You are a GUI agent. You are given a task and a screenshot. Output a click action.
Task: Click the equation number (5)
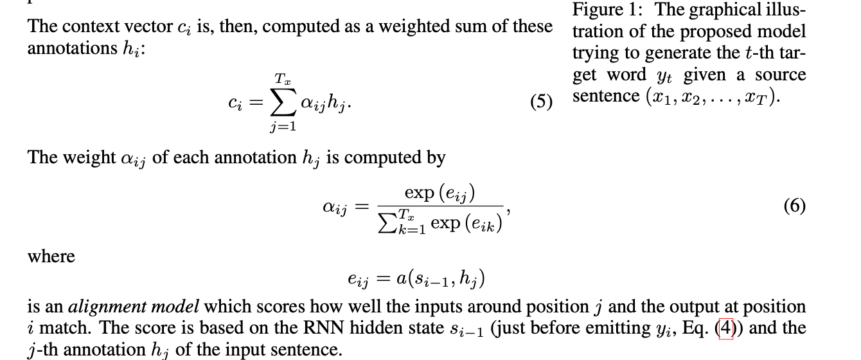pyautogui.click(x=541, y=102)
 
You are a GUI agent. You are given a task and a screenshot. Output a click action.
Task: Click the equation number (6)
pyautogui.click(x=794, y=206)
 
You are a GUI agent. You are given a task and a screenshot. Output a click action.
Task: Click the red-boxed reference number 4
pyautogui.click(x=725, y=328)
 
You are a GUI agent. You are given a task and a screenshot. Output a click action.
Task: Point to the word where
pyautogui.click(x=51, y=256)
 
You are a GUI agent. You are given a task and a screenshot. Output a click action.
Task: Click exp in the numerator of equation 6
pyautogui.click(x=418, y=192)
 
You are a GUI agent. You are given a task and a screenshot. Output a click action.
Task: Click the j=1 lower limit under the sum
pyautogui.click(x=283, y=127)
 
